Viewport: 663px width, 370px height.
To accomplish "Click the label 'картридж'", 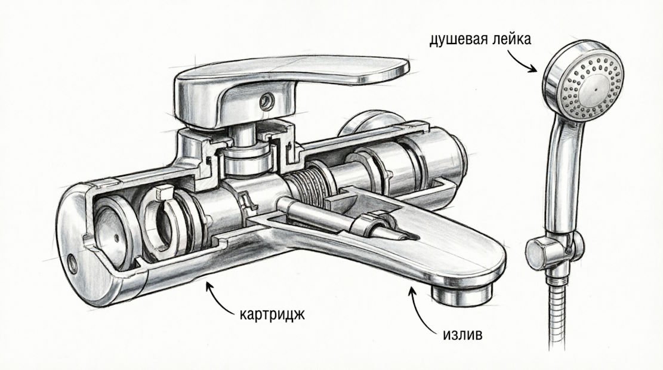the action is (x=272, y=315).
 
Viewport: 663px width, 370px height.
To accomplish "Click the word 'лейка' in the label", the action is (x=512, y=39).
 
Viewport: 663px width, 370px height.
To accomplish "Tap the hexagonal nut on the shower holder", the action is (x=539, y=254).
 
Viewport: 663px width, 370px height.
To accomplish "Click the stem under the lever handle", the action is (x=242, y=135).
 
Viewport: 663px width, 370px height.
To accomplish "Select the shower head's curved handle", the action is (x=562, y=178).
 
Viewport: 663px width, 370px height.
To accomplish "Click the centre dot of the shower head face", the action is (x=596, y=90).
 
